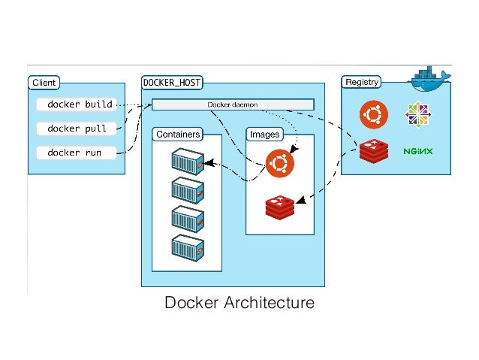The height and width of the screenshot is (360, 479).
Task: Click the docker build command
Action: point(80,104)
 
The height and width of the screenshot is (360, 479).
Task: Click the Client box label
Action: point(43,82)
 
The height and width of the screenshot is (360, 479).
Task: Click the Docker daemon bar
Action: point(233,104)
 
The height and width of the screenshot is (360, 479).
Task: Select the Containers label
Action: point(178,135)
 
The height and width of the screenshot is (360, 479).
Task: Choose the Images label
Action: point(264,135)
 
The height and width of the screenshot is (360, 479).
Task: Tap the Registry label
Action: point(362,82)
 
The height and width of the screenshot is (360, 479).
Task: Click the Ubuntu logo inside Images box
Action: point(280,162)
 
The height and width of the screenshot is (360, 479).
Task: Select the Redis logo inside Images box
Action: point(280,206)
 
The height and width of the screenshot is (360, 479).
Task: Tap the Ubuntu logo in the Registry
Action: point(373,115)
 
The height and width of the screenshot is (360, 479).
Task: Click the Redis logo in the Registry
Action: point(373,151)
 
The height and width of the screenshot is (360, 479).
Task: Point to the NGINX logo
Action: point(418,151)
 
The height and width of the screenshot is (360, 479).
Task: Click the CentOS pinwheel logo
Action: point(418,115)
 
